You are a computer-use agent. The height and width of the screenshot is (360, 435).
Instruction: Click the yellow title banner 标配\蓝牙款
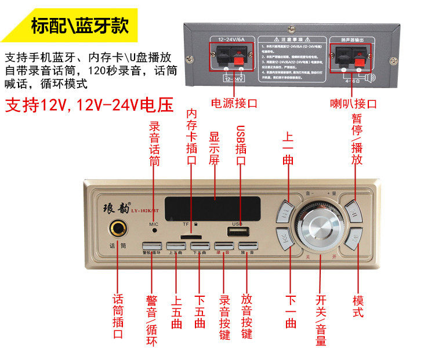pyautogui.click(x=79, y=26)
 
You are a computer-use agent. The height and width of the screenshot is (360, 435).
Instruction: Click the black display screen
pyautogui.click(x=212, y=208)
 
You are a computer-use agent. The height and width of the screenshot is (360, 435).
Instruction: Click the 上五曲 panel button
pyautogui.click(x=176, y=246)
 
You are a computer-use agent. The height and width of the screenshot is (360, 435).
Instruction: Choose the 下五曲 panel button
pyautogui.click(x=199, y=246)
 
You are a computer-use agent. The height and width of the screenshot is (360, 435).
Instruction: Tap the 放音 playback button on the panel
pyautogui.click(x=248, y=246)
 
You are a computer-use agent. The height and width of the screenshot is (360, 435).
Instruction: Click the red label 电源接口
pyautogui.click(x=234, y=104)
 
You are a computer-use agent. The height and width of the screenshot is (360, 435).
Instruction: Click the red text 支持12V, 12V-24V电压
pyautogui.click(x=89, y=105)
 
